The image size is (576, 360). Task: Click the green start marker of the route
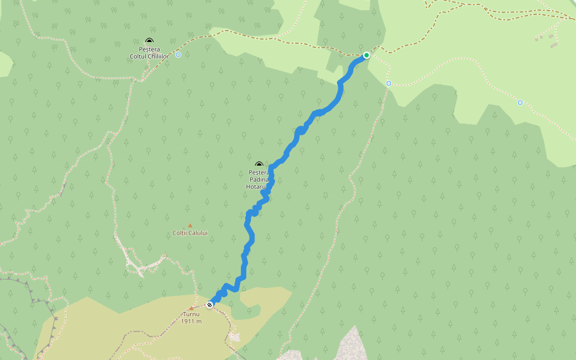(367, 55)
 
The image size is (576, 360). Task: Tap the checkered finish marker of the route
(209, 305)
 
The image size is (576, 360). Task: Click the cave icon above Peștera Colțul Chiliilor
(149, 41)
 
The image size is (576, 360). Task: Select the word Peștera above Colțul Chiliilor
(149, 49)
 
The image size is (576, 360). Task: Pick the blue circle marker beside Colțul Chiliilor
(178, 55)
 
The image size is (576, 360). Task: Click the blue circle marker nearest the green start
(389, 83)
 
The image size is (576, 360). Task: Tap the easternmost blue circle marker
(520, 103)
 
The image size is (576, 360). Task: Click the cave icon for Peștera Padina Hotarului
(259, 164)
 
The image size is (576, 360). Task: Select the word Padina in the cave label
(259, 179)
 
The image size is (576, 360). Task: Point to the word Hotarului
(257, 187)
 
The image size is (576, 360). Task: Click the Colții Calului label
(190, 233)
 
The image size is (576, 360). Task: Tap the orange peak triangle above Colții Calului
(190, 226)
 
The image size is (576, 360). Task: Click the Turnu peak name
(191, 314)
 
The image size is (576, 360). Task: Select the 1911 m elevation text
(191, 322)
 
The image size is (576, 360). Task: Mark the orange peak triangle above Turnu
(191, 308)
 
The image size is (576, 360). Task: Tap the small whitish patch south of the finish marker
(234, 336)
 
